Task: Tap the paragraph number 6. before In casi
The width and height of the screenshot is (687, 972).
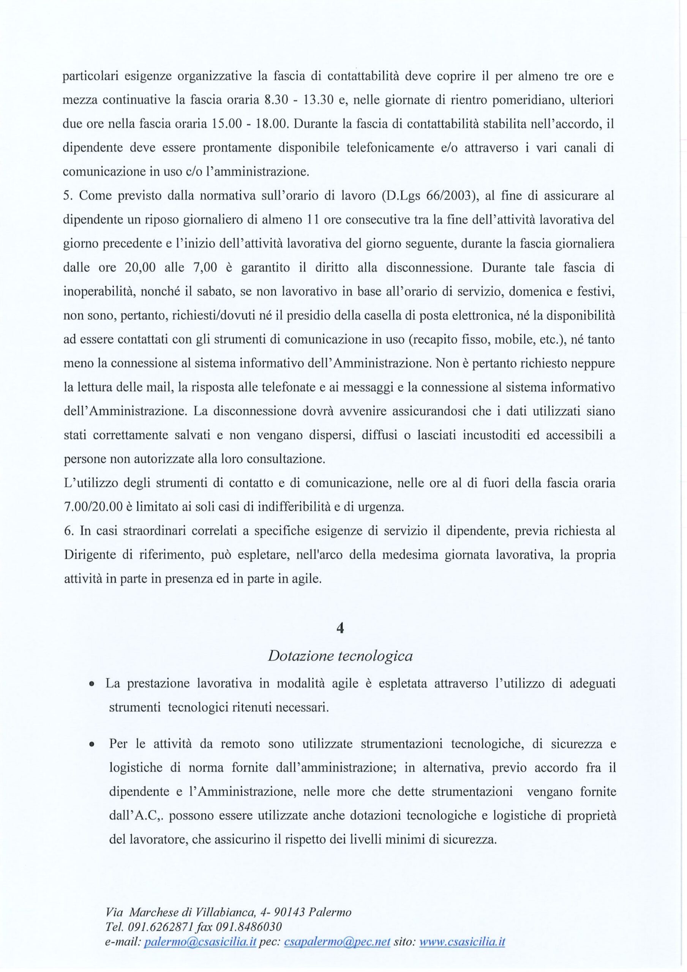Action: click(x=69, y=532)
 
